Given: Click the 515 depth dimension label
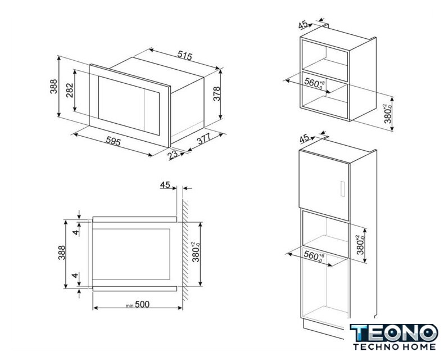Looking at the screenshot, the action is [185, 56].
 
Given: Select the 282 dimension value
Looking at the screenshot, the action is [70, 90].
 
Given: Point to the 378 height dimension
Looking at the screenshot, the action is [216, 93].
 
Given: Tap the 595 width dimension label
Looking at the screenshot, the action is [114, 141].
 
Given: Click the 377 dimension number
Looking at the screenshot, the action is [204, 138].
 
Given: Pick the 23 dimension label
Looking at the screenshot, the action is [172, 155].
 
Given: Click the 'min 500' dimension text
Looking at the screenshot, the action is [138, 305].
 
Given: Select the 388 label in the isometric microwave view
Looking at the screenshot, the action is [53, 86].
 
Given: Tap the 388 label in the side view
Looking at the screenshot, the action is [61, 253].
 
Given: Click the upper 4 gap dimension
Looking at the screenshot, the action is [75, 232].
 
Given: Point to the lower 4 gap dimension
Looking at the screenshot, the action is [75, 275].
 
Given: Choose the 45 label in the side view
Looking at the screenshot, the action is [165, 185].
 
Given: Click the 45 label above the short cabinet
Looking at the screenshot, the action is [303, 25].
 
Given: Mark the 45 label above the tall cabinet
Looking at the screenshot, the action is [304, 138].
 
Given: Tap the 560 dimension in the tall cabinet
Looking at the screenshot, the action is [314, 256].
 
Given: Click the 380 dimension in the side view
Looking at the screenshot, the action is [197, 251].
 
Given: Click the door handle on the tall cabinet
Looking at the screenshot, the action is [343, 188].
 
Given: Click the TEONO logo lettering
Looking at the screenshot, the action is [393, 333].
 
